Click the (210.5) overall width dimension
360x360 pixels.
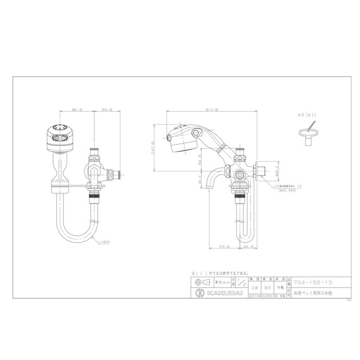(211, 109)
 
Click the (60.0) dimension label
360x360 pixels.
(107, 109)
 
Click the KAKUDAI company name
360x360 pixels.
(220, 293)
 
